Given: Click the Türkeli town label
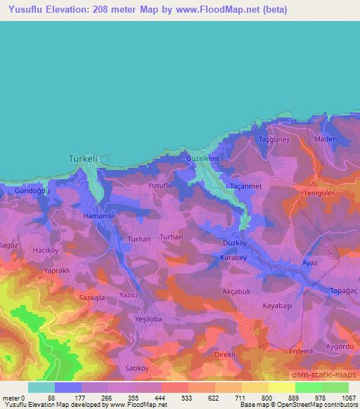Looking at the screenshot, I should pos(82,159).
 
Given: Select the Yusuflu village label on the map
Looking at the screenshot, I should pos(160,185).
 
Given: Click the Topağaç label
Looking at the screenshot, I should pos(343,290).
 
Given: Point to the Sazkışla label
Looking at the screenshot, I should pos(92,298).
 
